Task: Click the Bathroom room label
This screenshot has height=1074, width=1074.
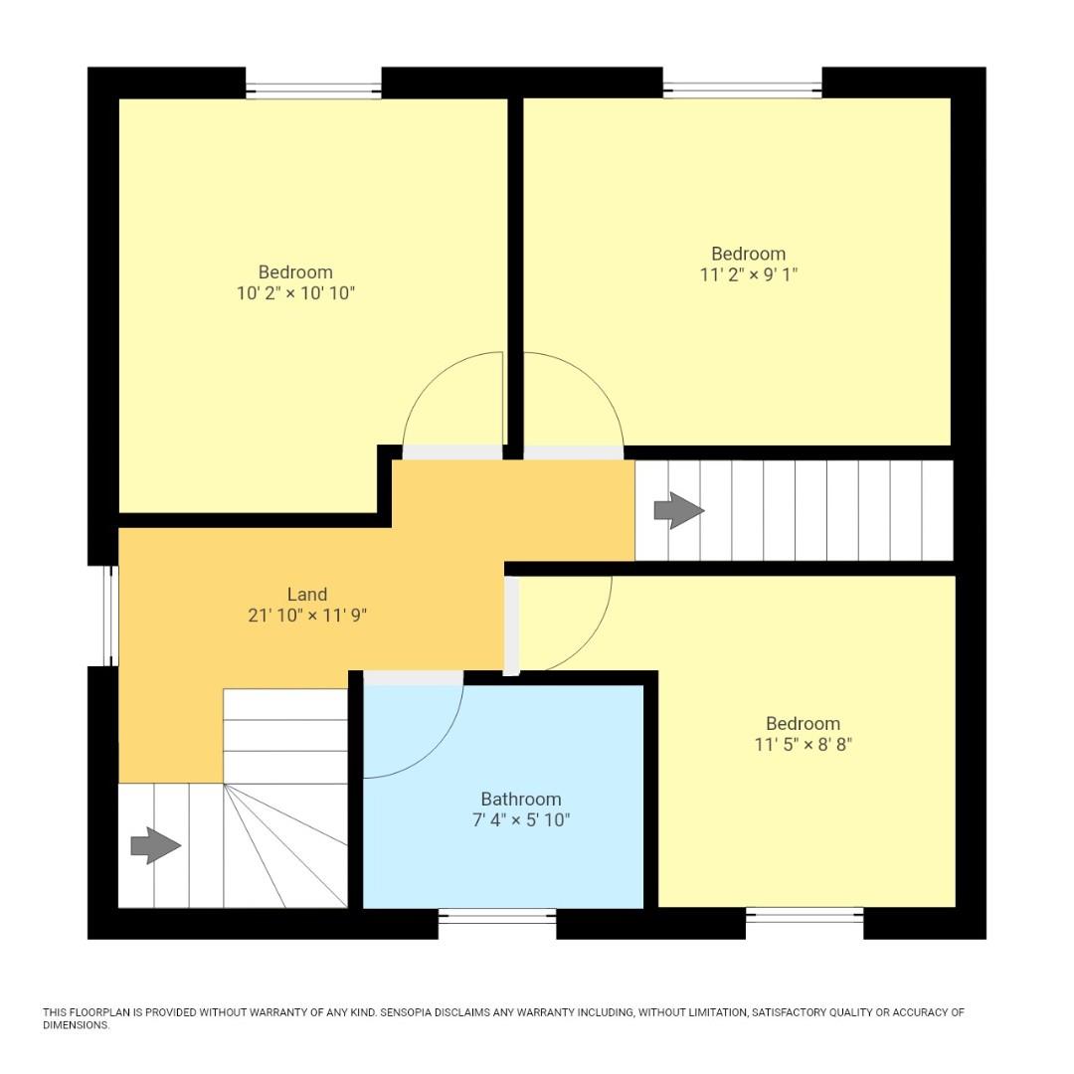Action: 520,799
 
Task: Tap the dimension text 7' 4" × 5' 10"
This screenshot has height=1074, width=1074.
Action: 520,820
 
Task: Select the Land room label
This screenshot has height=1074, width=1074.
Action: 307,595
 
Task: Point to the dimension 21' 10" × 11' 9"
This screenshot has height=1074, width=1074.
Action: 307,616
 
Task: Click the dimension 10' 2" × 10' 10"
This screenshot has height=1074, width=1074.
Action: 295,293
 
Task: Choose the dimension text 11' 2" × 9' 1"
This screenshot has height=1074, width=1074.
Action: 748,274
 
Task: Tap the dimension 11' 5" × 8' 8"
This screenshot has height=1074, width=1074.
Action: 803,744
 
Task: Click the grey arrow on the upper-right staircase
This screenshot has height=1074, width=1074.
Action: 678,511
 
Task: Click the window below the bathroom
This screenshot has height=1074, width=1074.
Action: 497,917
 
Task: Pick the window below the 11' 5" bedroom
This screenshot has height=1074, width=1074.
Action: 805,916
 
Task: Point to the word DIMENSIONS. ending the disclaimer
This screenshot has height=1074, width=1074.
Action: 76,1024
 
